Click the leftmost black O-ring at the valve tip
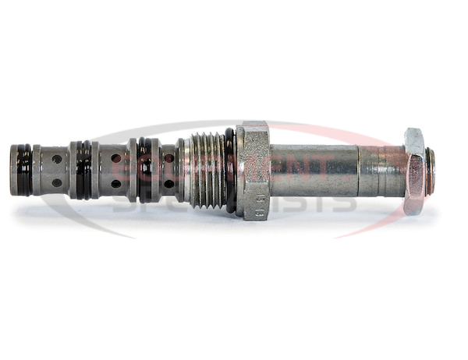[24, 169]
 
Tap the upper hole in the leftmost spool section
[57, 158]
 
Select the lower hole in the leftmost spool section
[57, 183]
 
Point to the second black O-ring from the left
[83, 169]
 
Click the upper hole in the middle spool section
[116, 158]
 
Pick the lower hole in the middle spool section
[116, 184]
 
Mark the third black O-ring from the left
[144, 170]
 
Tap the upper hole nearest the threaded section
[169, 158]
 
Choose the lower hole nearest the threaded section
[169, 184]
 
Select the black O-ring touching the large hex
[230, 171]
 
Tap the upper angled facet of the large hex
[253, 131]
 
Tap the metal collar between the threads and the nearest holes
[182, 171]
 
